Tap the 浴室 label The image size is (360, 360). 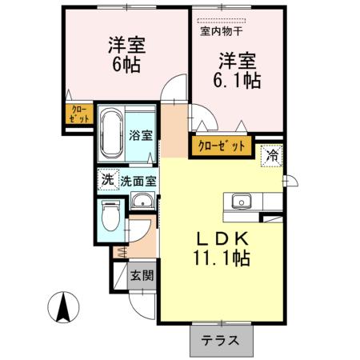click(x=141, y=135)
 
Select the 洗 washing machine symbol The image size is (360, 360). click(x=106, y=180)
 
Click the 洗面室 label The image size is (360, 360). click(x=139, y=181)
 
